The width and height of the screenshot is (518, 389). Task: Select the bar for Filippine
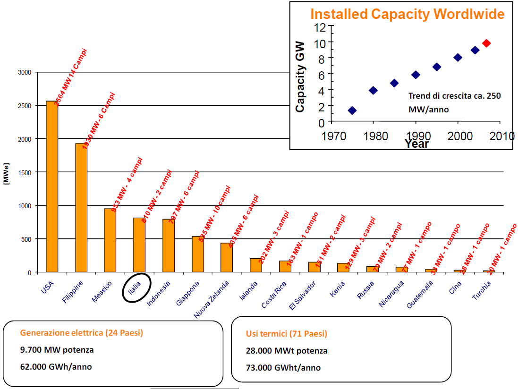click(81, 208)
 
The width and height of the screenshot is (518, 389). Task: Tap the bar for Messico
click(110, 240)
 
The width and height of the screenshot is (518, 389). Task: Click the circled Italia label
click(136, 287)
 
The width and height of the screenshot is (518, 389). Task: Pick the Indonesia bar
click(169, 245)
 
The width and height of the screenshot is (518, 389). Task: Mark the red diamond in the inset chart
click(486, 43)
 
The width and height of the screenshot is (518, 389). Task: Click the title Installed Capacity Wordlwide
click(407, 14)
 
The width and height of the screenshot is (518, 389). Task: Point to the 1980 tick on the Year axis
click(373, 136)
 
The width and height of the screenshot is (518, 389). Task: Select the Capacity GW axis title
click(300, 76)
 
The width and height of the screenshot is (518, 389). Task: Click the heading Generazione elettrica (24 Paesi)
click(81, 333)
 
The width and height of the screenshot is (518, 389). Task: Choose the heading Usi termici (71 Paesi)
click(286, 334)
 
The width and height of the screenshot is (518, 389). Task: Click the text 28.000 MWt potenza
click(286, 351)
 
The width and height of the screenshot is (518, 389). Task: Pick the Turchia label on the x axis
click(482, 290)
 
